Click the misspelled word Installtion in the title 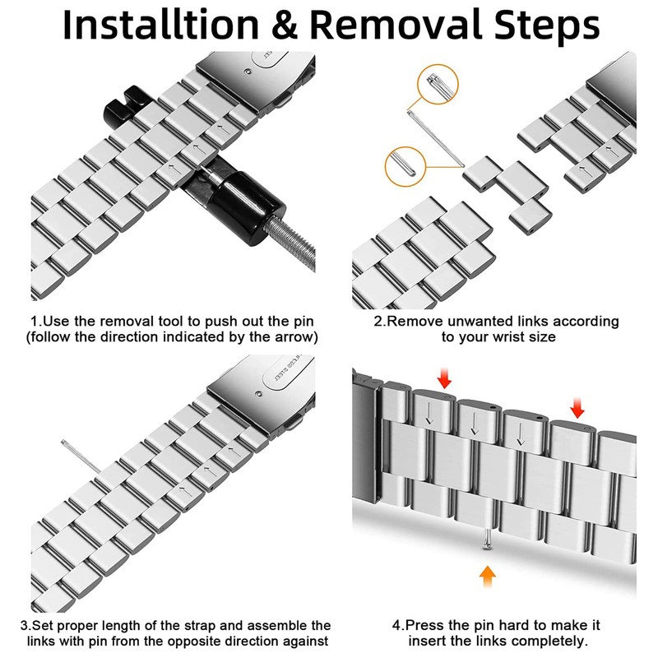160,25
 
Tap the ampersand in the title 284,25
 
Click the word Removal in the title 396,25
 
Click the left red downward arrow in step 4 444,378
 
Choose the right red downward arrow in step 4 577,407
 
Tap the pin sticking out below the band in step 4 487,539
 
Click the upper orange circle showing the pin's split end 438,84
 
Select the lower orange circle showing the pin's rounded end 405,167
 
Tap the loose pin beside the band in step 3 81,456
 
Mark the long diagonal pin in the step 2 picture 436,138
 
